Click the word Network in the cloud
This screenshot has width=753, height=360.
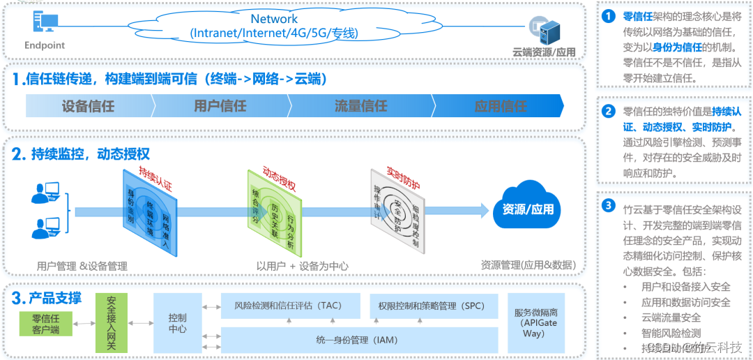tap(274, 19)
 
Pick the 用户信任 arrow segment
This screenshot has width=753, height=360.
tap(220, 106)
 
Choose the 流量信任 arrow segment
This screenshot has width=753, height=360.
tap(360, 106)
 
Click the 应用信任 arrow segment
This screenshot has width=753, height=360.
tap(500, 106)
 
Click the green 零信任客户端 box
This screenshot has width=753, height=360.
tap(46, 324)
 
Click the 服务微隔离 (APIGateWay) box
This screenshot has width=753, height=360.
tap(535, 322)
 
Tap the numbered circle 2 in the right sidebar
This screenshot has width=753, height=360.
tap(609, 110)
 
